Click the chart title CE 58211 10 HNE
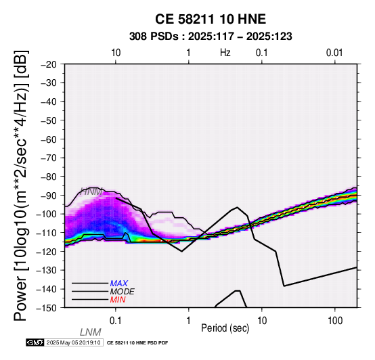[211, 19]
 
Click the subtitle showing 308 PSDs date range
[211, 37]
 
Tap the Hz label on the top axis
[225, 53]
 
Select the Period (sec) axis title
[225, 328]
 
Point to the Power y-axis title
[21, 186]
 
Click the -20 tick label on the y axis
[49, 64]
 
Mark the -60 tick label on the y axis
[49, 139]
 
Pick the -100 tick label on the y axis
[46, 214]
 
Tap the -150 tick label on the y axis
[46, 308]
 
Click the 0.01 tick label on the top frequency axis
[334, 53]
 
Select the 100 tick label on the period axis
[335, 321]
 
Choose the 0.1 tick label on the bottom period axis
[115, 321]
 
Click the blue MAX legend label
[119, 284]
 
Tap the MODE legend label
[123, 292]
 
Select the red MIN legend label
[118, 300]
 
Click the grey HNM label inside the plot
[91, 192]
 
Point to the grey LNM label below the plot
[91, 332]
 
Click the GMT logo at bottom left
[35, 342]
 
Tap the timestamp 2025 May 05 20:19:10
[73, 342]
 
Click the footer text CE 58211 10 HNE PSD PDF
[137, 343]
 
